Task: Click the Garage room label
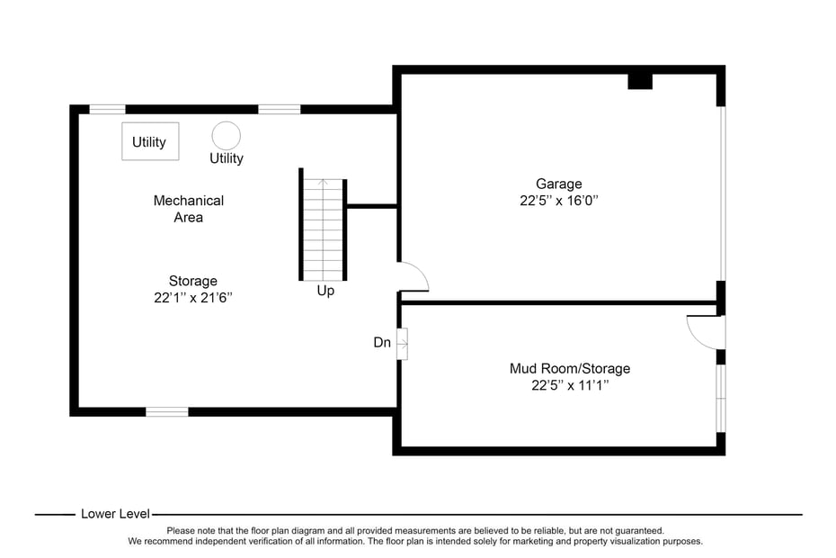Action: pos(558,184)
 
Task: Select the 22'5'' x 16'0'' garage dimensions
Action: pos(558,201)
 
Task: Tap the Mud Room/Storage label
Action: pos(569,368)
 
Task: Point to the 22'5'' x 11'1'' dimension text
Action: pos(569,385)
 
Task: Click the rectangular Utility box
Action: pos(150,141)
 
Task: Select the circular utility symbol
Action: pos(226,136)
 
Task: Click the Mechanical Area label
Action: pos(189,209)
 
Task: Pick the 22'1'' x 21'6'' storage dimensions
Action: pos(192,298)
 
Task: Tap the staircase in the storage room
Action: pos(323,227)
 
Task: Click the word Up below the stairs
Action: pos(325,292)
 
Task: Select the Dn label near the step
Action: pos(382,343)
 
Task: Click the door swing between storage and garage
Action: pos(414,276)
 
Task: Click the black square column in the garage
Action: pos(639,81)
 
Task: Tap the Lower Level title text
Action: pos(115,514)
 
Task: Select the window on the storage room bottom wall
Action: pos(167,411)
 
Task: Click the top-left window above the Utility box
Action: pos(107,110)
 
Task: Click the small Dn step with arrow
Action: pos(402,344)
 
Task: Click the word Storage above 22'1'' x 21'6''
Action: pos(192,281)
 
